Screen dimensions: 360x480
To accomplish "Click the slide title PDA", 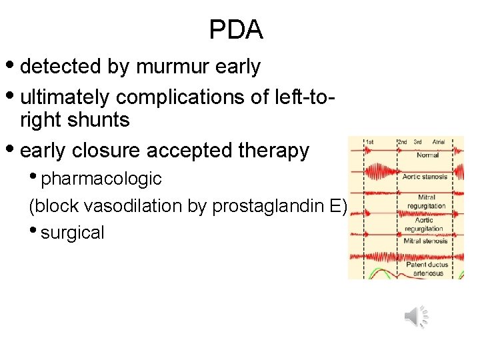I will point(237,29).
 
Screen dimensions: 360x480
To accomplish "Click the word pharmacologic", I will point(101,179).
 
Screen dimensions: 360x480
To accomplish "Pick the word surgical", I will point(73,233).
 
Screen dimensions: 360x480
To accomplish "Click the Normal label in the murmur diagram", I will point(427,155).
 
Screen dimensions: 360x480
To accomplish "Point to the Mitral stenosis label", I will point(427,241).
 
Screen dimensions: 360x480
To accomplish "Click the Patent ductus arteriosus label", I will point(427,269).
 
